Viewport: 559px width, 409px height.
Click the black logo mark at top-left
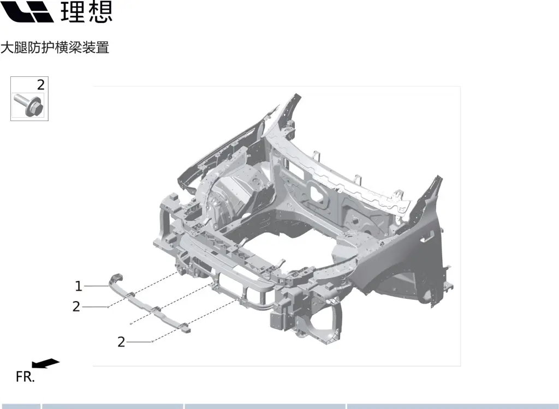27,11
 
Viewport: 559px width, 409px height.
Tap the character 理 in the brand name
73,12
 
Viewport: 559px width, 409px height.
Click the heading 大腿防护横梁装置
55,47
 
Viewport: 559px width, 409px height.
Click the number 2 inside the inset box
40,85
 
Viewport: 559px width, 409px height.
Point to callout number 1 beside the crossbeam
79,286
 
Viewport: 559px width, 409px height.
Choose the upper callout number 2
76,306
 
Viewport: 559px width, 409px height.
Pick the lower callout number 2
121,342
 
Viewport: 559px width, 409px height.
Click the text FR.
25,377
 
